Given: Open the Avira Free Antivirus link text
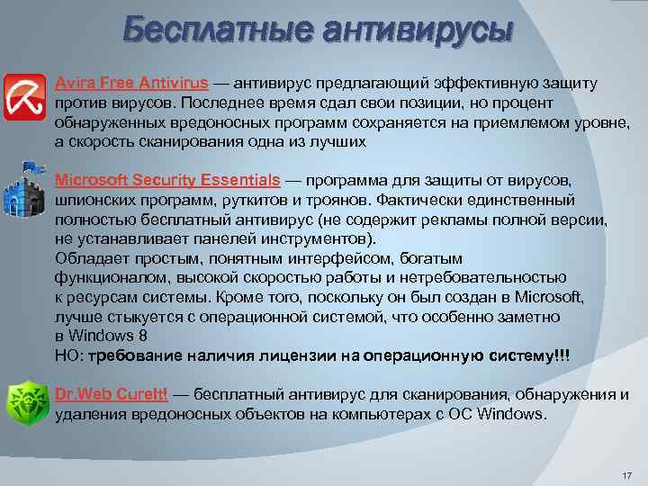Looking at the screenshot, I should (131, 84).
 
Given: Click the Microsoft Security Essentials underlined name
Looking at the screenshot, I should (166, 180).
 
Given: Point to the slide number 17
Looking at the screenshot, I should (627, 475).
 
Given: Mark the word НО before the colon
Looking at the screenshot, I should (67, 356).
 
